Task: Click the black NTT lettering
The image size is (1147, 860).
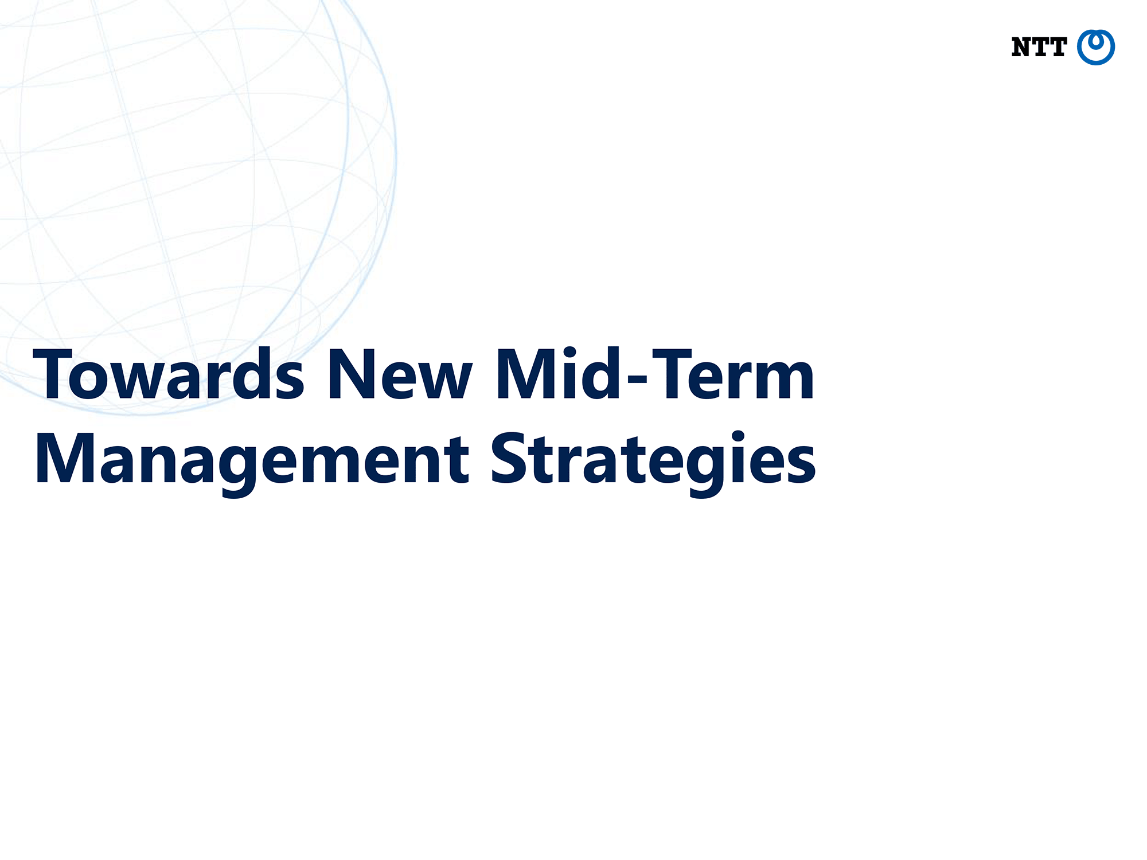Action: click(x=1039, y=47)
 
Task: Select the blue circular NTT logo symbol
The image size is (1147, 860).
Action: click(x=1096, y=47)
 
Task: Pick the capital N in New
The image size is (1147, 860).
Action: click(x=351, y=374)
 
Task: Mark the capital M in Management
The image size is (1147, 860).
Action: click(x=65, y=459)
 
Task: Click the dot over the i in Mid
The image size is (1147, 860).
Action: click(x=569, y=351)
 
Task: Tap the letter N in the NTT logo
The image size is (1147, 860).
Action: click(x=1021, y=47)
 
